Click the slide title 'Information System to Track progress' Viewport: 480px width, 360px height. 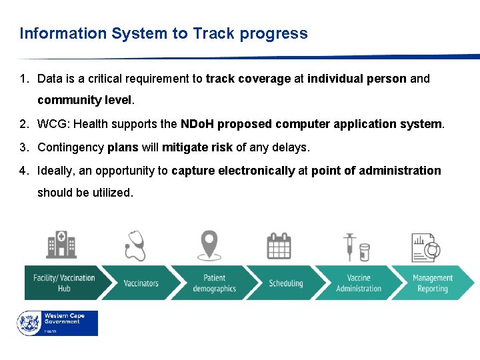point(163,33)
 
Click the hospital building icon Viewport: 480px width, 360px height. point(61,245)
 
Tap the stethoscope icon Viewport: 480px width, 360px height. point(135,245)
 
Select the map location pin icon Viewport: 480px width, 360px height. point(209,245)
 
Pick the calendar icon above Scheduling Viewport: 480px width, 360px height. point(279,245)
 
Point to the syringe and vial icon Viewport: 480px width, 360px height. point(356,247)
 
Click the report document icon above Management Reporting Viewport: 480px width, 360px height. point(425,247)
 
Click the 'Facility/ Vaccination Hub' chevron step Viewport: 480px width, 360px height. point(64,283)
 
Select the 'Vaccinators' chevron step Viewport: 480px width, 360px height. point(141,283)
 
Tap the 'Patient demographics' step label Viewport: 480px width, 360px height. point(214,283)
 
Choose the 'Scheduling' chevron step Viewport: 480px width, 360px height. point(285,283)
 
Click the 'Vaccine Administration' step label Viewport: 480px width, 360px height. point(359,283)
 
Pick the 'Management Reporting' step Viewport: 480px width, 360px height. point(432,283)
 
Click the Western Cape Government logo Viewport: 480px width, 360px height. point(57,323)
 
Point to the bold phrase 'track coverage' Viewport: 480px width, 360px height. point(248,79)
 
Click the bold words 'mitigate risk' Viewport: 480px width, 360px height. point(193,147)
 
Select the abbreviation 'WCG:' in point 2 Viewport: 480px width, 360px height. point(51,125)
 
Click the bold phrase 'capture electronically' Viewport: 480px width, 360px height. point(233,171)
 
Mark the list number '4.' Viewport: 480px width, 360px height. point(24,171)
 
